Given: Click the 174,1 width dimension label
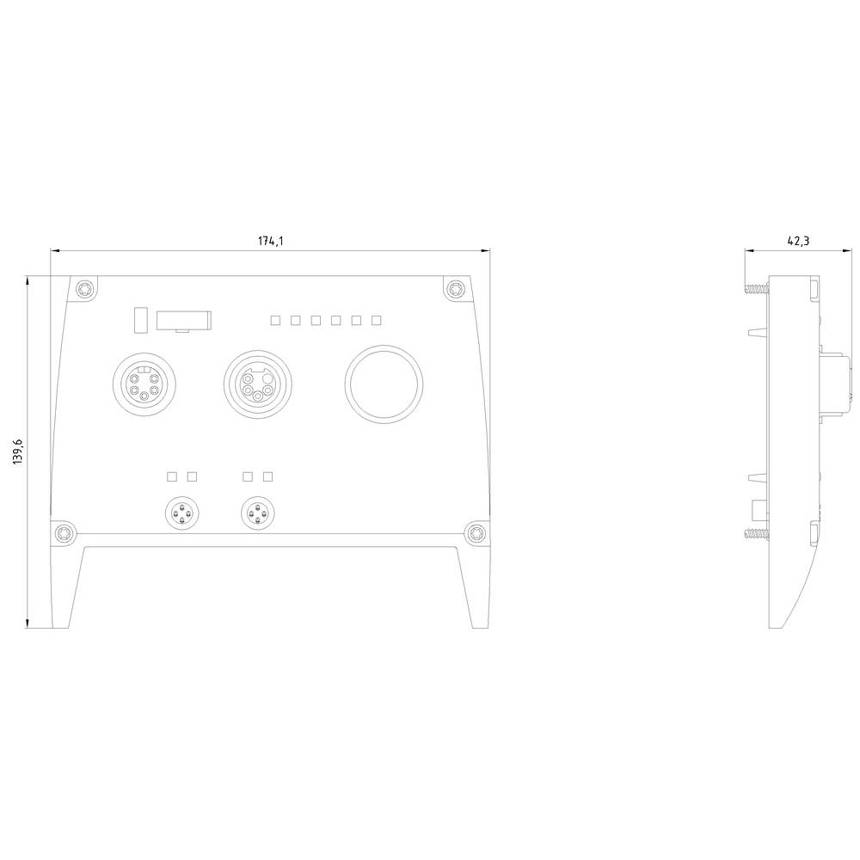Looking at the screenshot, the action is point(270,241).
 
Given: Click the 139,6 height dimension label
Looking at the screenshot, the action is point(17,452).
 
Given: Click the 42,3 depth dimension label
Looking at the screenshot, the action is point(798,241).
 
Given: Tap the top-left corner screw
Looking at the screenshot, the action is point(85,288).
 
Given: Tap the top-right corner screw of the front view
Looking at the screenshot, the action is point(455,288).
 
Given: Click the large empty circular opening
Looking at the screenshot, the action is point(384,384).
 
